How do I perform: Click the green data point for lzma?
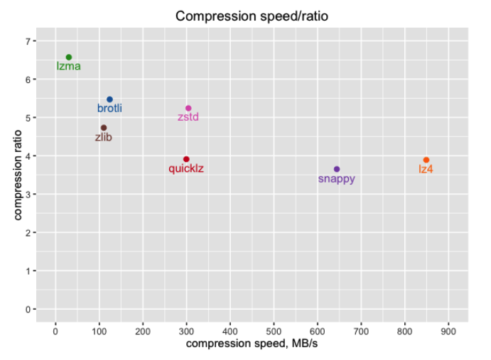coord(69,58)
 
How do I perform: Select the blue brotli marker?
coord(109,99)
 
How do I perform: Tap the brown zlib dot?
coord(104,128)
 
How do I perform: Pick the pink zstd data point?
coord(188,108)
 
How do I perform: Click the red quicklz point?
coord(186,159)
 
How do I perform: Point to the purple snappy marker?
coord(337,169)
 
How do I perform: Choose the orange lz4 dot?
coord(426,160)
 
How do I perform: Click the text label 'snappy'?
coord(337,179)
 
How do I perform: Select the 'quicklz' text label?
coord(186,169)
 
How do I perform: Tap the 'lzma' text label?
coord(69,67)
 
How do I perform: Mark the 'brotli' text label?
coord(109,109)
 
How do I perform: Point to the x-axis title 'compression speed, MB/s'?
coord(252,344)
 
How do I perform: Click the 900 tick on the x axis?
coord(448,330)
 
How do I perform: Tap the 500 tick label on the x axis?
coord(274,330)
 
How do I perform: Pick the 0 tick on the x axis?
coord(55,330)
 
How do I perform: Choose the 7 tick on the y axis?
coord(28,41)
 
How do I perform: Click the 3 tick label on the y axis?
coord(28,194)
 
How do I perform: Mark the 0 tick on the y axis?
coord(28,309)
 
